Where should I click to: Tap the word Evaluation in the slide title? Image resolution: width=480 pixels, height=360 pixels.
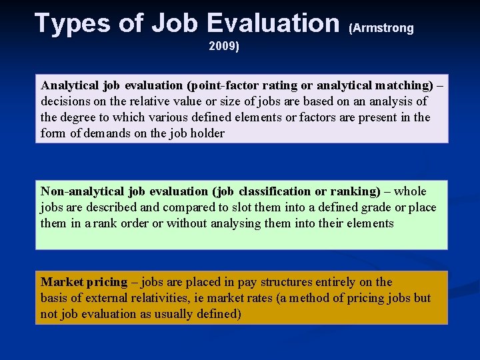273,24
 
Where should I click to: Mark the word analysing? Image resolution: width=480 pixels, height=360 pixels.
236,223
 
